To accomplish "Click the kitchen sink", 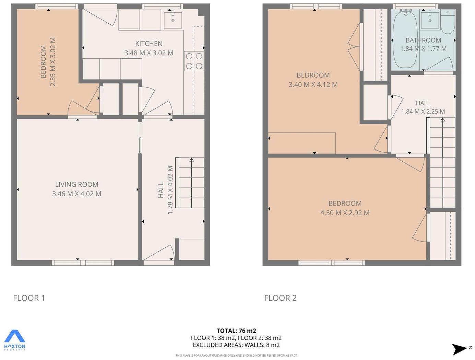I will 173,20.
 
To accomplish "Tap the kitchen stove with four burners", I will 194,61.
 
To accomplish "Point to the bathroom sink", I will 430,20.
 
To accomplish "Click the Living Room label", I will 76,184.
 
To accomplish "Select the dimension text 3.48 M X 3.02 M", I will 149,53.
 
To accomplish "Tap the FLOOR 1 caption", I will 29,298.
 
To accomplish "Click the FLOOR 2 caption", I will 280,298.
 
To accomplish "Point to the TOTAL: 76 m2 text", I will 236,331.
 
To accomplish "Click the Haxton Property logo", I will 15,340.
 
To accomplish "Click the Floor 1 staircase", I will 190,183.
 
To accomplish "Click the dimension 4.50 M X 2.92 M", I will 345,213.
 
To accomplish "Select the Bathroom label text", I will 423,40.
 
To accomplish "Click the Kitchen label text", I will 149,44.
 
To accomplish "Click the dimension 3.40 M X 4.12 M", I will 313,84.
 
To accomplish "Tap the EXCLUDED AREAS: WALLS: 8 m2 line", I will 236,345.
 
